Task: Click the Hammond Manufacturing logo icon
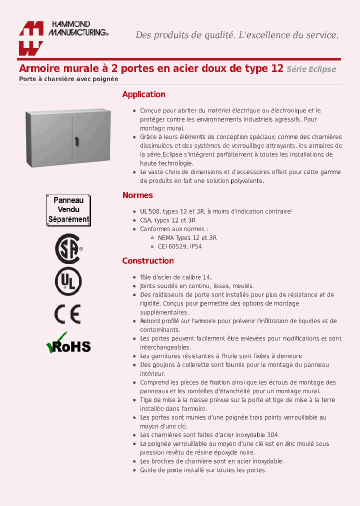click(31, 38)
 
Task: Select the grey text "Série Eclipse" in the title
click(311, 69)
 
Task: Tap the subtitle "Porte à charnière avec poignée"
click(68, 79)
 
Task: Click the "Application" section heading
click(143, 94)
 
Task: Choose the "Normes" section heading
click(137, 195)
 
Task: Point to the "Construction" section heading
click(148, 261)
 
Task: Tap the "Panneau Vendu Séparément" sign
click(68, 210)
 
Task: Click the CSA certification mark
click(68, 248)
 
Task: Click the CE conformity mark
click(67, 314)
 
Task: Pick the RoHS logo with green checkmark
click(68, 344)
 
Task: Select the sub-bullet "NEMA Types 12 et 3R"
click(183, 238)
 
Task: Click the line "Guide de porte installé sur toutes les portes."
click(203, 470)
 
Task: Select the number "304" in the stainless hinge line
click(272, 435)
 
